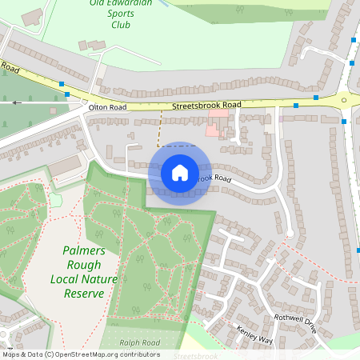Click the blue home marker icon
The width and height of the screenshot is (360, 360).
tap(179, 172)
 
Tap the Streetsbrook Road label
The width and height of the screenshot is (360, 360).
tap(206, 105)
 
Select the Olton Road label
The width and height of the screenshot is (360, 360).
tap(108, 106)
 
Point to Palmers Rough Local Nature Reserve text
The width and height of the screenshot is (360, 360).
tap(83, 272)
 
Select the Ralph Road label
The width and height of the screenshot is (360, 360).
tap(140, 342)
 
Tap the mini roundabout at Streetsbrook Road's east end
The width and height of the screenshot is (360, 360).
tap(346, 100)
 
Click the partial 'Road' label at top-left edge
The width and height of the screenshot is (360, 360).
tap(9, 68)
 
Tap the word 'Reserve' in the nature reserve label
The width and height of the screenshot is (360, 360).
tap(83, 294)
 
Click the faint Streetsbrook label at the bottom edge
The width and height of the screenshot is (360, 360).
tap(196, 355)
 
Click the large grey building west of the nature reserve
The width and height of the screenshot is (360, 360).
tap(65, 166)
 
